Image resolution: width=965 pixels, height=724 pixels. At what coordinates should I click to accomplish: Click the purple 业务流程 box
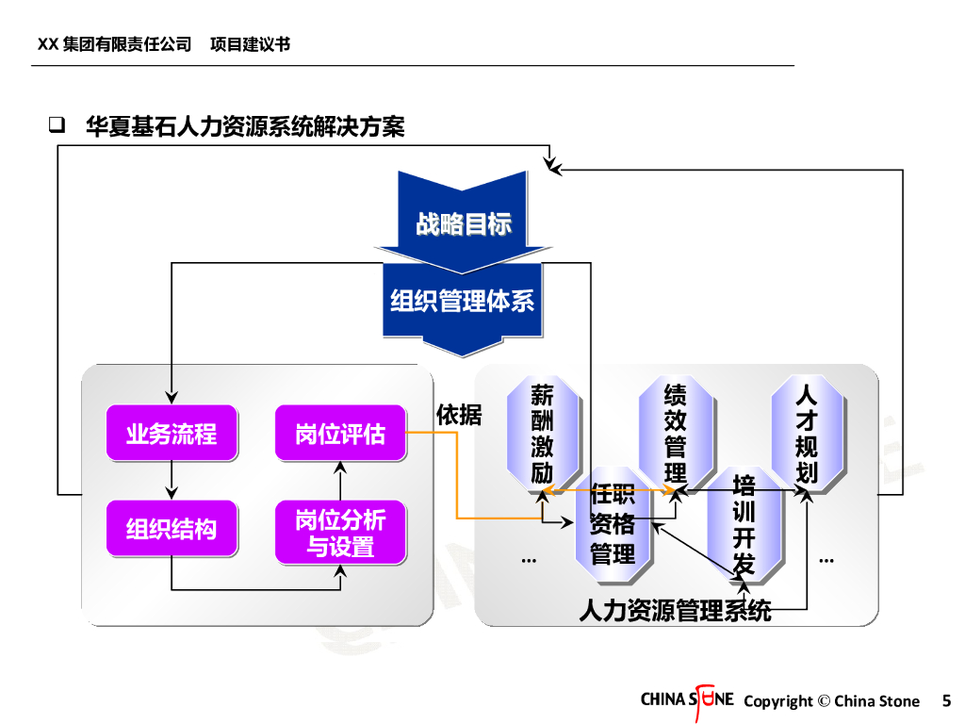click(x=171, y=433)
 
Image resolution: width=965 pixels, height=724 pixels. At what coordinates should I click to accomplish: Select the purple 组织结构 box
click(x=171, y=528)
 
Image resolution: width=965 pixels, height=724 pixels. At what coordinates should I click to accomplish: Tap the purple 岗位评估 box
click(x=340, y=433)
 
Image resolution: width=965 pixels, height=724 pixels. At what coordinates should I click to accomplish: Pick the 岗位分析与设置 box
click(x=340, y=533)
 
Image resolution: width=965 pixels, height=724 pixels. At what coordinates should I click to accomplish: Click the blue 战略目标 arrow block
click(x=463, y=222)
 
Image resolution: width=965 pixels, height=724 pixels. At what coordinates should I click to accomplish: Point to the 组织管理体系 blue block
click(x=463, y=301)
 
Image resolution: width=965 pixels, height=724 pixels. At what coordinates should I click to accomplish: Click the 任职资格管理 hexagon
click(x=613, y=524)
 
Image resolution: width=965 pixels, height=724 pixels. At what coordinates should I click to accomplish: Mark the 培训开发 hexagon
click(x=744, y=524)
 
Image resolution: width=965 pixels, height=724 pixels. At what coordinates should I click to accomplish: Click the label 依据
click(x=459, y=415)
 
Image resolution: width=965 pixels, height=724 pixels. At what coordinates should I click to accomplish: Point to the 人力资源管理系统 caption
click(x=675, y=611)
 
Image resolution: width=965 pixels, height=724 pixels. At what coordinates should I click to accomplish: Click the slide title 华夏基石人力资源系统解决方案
click(x=245, y=126)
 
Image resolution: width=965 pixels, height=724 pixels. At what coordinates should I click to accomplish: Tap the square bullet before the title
click(x=57, y=125)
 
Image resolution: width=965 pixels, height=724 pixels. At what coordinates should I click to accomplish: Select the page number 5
click(x=946, y=700)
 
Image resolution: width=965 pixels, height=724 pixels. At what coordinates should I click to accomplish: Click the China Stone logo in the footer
click(x=687, y=700)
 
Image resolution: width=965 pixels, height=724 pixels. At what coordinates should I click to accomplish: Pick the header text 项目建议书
click(x=250, y=44)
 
